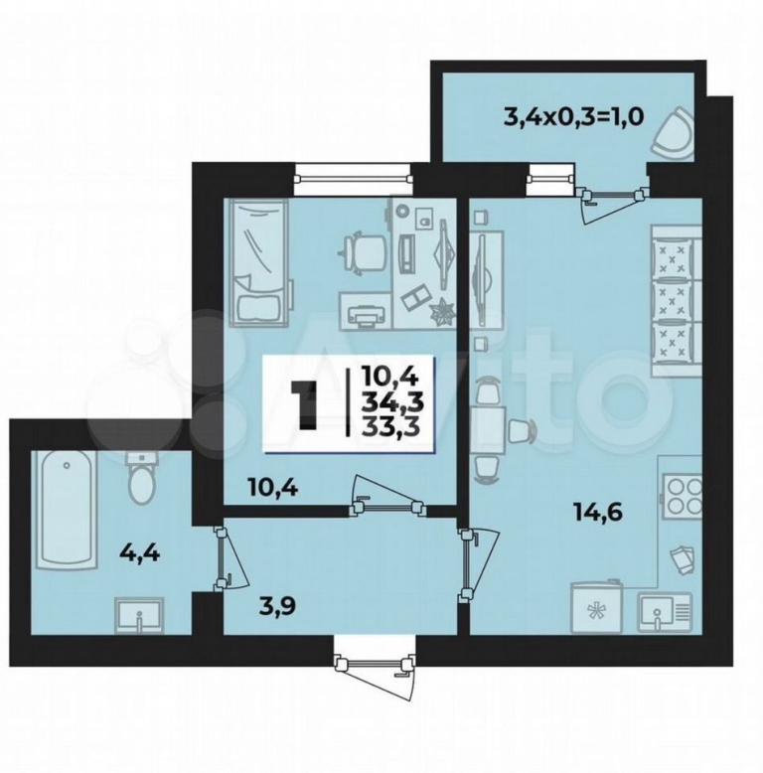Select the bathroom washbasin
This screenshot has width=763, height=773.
[x=138, y=614]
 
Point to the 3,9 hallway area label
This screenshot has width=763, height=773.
[x=278, y=606]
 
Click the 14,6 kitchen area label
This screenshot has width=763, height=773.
[x=598, y=513]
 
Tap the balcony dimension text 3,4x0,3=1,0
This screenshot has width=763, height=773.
[x=573, y=117]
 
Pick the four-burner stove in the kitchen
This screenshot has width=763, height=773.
[x=682, y=496]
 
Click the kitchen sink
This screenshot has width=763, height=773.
[x=665, y=612]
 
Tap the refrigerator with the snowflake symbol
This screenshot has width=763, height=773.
[x=596, y=607]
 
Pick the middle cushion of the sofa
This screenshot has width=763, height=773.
[x=671, y=301]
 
